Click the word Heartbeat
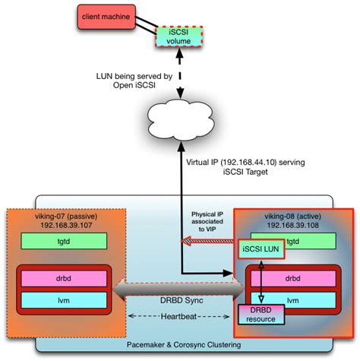tap(178, 315)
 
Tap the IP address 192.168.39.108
tap(292, 224)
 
